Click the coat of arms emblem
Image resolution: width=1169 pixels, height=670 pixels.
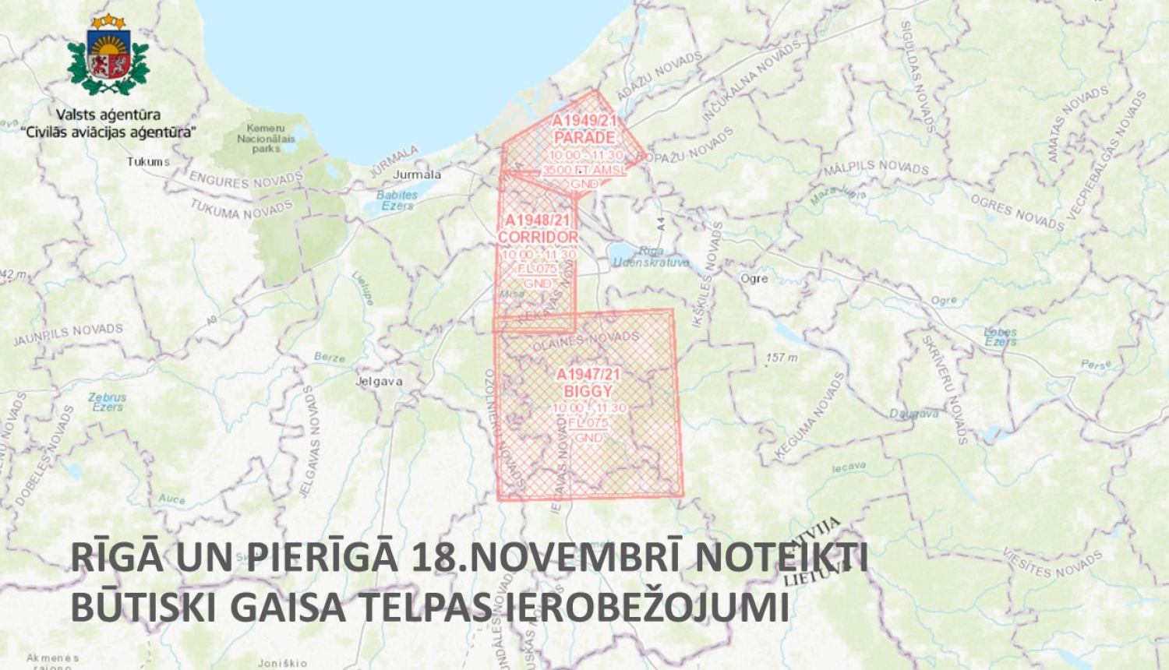point(108,56)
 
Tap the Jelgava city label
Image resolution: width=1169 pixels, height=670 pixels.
point(379,381)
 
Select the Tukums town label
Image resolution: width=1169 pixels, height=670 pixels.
point(148,162)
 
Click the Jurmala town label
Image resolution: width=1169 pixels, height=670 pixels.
point(417,175)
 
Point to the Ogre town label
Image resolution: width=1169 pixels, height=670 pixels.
point(754,278)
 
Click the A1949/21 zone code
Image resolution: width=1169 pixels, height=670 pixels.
point(584,120)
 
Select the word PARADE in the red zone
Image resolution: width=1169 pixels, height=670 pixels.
point(584,137)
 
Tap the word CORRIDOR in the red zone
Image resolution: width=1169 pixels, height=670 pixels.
point(538,237)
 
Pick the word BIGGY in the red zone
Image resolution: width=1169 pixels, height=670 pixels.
point(588,391)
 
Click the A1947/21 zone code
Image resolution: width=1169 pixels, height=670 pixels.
point(588,375)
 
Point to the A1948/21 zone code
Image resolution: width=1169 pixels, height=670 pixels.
point(538,220)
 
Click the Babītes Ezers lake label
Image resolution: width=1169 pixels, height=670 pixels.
point(397,200)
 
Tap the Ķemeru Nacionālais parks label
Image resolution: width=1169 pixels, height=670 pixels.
point(266,138)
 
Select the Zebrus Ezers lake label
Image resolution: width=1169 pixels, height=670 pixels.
point(108,402)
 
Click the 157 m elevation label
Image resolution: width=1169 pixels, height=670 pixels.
point(782,358)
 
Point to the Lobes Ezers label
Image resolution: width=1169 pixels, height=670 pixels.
point(1000,337)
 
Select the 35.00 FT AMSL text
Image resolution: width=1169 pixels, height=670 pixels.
point(584,170)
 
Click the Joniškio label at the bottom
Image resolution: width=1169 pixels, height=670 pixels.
point(282,663)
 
